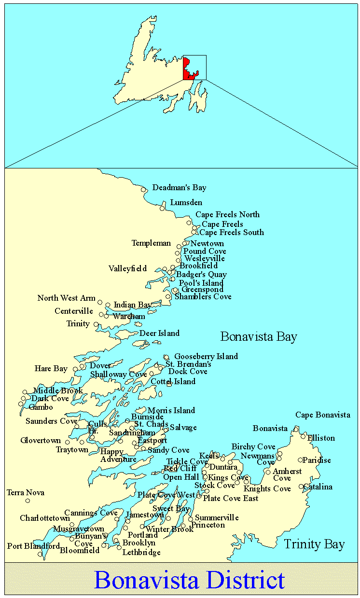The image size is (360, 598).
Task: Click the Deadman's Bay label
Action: pyautogui.click(x=179, y=187)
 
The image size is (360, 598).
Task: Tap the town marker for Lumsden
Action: pyautogui.click(x=163, y=208)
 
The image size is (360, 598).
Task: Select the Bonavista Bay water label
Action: pyautogui.click(x=259, y=336)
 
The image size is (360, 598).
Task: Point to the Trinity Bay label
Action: pyautogui.click(x=314, y=544)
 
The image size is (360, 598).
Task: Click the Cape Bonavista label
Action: pyautogui.click(x=323, y=415)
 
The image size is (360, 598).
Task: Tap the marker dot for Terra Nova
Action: pyautogui.click(x=28, y=501)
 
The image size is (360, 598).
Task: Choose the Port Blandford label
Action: pyautogui.click(x=33, y=546)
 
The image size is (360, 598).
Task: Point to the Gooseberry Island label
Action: pyautogui.click(x=206, y=356)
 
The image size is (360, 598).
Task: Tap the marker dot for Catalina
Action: pyautogui.click(x=301, y=487)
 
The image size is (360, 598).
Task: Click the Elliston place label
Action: pyautogui.click(x=321, y=438)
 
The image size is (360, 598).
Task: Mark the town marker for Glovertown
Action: pyautogui.click(x=68, y=442)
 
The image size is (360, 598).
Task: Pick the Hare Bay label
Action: pyautogui.click(x=51, y=368)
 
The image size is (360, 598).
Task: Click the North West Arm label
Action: pyautogui.click(x=67, y=298)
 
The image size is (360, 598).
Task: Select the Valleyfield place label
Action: pyautogui.click(x=127, y=268)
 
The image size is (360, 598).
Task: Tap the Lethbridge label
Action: pyautogui.click(x=141, y=552)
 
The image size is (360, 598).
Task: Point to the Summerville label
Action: pyautogui.click(x=217, y=517)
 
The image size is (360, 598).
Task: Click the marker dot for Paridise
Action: pyautogui.click(x=300, y=460)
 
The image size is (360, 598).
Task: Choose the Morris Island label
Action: pyautogui.click(x=171, y=410)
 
